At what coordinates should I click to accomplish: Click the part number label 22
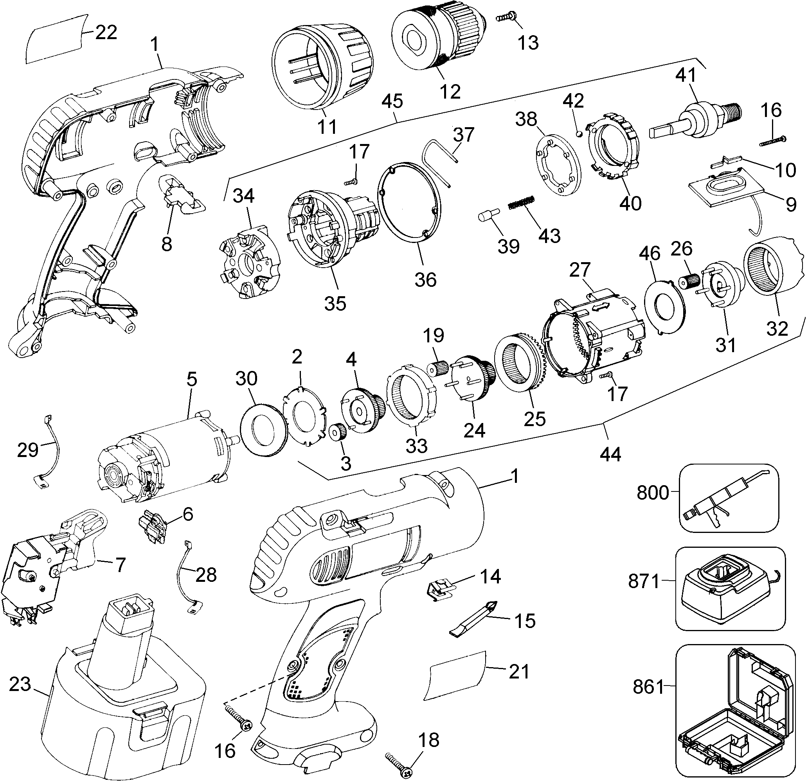[x=106, y=32]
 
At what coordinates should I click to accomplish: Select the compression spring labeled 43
[x=522, y=202]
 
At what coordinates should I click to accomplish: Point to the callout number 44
[x=610, y=455]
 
